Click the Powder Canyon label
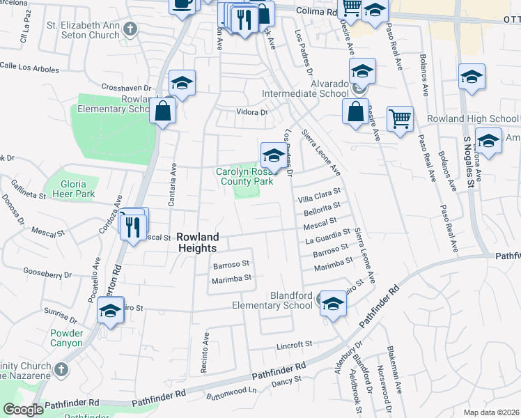66,338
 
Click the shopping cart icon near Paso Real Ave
400,120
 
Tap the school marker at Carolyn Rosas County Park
274,155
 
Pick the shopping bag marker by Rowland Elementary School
162,111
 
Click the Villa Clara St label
318,194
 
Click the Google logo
24,410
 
